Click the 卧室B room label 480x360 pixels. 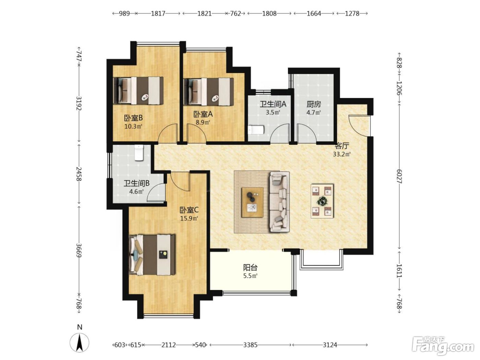click(133, 118)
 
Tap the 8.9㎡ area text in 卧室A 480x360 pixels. click(203, 122)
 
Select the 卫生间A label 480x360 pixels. click(273, 104)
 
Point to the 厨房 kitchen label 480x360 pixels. click(314, 105)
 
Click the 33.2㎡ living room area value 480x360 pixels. click(341, 154)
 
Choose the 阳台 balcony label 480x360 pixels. click(250, 267)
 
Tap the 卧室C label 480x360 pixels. click(189, 210)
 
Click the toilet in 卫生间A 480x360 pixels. click(256, 130)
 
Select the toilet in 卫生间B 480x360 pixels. click(139, 152)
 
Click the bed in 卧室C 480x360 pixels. click(152, 255)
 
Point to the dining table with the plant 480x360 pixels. click(322, 201)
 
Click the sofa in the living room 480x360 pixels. click(280, 202)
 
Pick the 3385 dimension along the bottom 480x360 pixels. click(250, 345)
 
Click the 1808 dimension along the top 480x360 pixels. click(269, 14)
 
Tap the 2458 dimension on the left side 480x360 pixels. click(79, 174)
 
